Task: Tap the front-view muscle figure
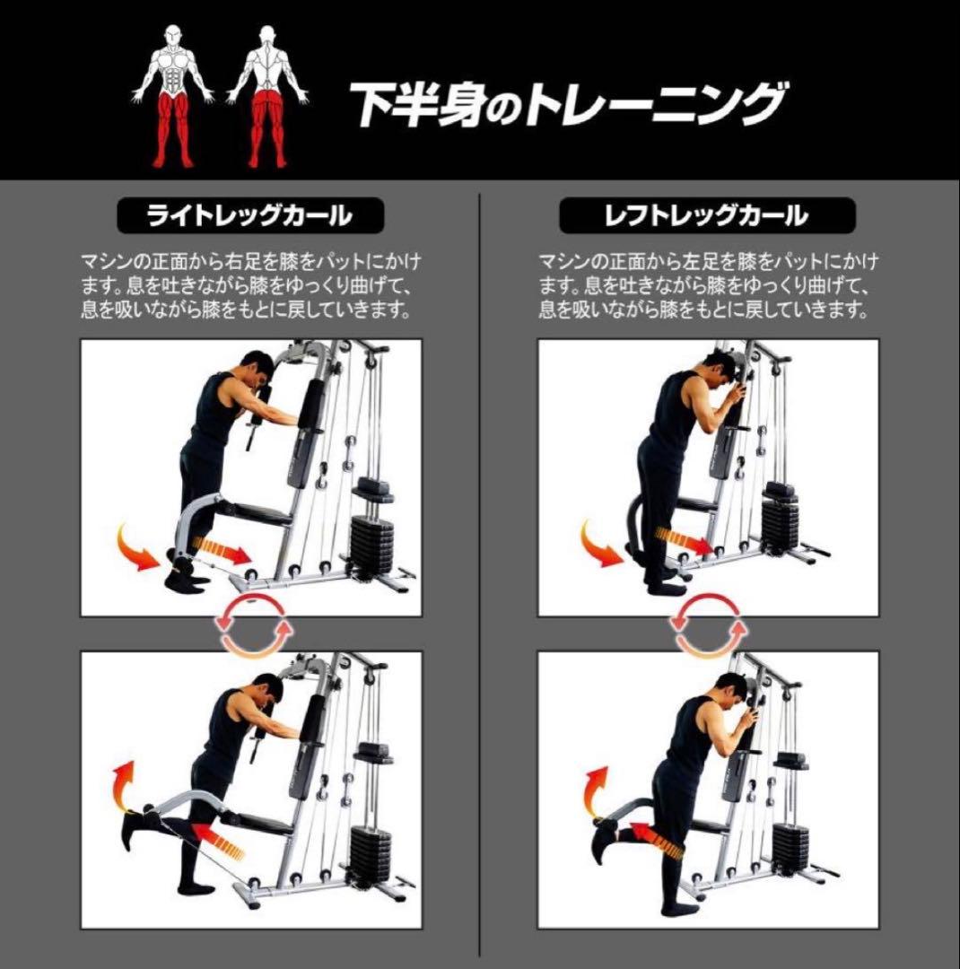[x=175, y=94]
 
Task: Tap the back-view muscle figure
[x=266, y=94]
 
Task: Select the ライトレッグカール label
[x=250, y=216]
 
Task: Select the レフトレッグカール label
[x=706, y=216]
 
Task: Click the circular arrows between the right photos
[x=709, y=633]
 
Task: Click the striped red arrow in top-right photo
[x=684, y=537]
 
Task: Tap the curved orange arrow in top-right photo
[x=598, y=545]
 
